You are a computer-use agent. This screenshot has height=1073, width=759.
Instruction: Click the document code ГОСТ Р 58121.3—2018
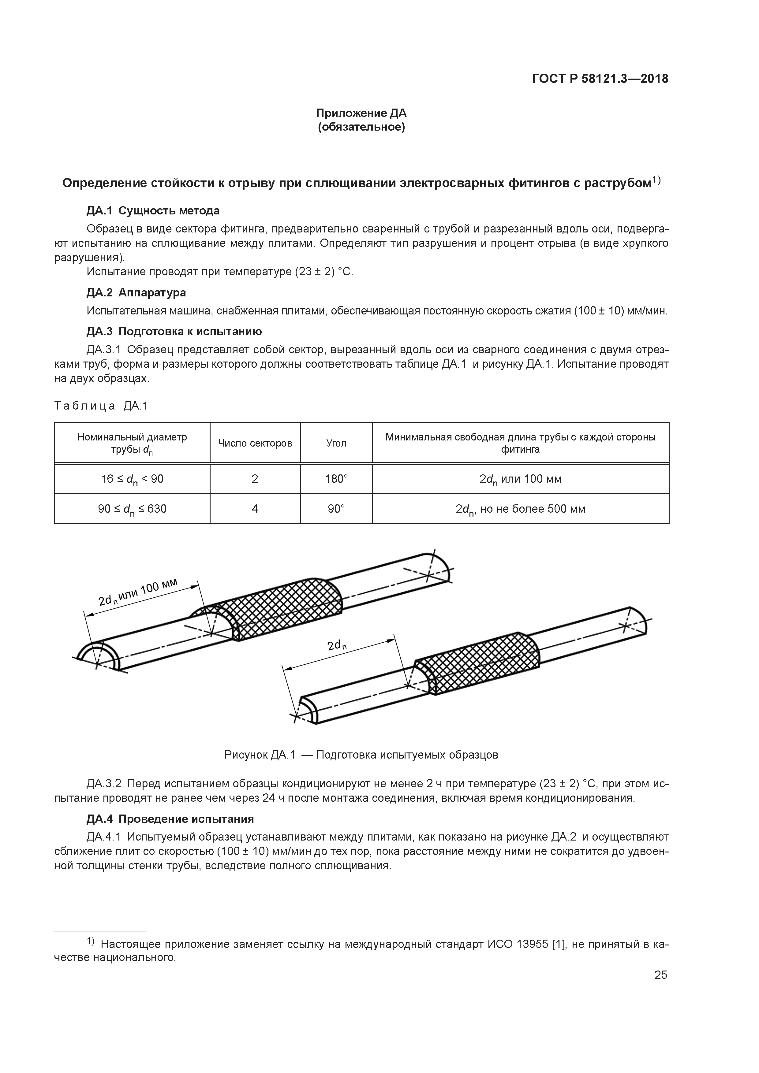600,79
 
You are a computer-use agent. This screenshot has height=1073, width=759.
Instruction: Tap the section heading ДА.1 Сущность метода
153,211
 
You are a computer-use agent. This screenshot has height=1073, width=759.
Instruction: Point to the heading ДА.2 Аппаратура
136,292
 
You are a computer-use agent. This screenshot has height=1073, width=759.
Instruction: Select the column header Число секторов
255,443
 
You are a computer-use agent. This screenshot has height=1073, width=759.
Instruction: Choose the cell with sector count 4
255,508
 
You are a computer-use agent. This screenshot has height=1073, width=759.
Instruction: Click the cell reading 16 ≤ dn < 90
132,479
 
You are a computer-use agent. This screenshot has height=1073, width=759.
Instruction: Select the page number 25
660,975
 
